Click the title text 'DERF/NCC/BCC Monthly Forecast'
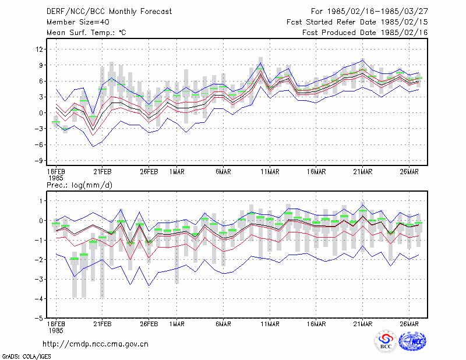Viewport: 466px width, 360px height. pyautogui.click(x=109, y=12)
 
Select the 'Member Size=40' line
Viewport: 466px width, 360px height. pyautogui.click(x=78, y=22)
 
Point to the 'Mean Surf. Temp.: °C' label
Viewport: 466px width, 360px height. pyautogui.click(x=86, y=33)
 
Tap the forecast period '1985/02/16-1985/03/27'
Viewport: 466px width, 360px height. pyautogui.click(x=377, y=12)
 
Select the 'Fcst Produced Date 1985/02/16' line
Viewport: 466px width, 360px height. pyautogui.click(x=365, y=33)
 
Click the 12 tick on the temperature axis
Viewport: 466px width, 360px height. pyautogui.click(x=40, y=50)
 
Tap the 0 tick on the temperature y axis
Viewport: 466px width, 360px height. pyautogui.click(x=41, y=113)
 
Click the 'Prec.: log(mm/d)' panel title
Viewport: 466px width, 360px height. pyautogui.click(x=79, y=185)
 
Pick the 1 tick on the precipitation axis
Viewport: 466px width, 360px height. pyautogui.click(x=41, y=201)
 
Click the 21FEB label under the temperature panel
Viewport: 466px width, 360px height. pyautogui.click(x=103, y=172)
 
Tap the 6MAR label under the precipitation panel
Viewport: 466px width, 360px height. pyautogui.click(x=223, y=324)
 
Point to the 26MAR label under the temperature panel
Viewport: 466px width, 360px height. pyautogui.click(x=409, y=172)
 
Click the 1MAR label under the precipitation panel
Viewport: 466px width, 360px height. pyautogui.click(x=177, y=324)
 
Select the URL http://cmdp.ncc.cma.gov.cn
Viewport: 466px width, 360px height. pyautogui.click(x=96, y=344)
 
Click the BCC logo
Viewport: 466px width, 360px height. pyautogui.click(x=386, y=341)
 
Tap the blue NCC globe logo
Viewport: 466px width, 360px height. pyautogui.click(x=412, y=341)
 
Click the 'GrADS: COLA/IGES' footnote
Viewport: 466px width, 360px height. pyautogui.click(x=26, y=357)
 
